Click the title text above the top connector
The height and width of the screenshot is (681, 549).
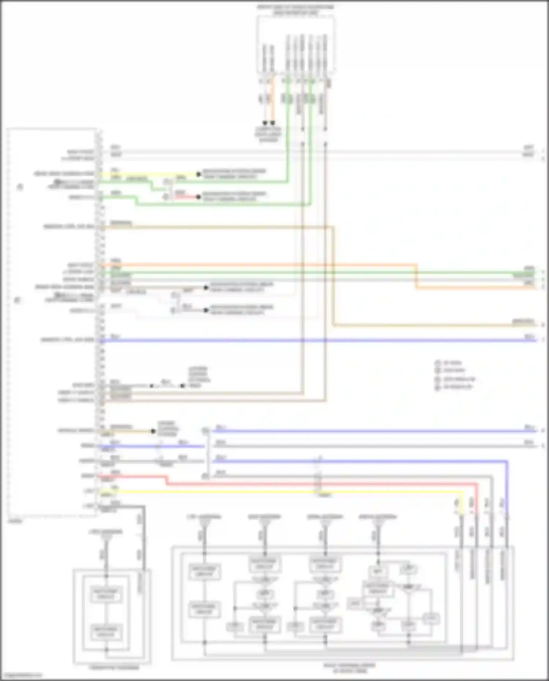pyautogui.click(x=295, y=10)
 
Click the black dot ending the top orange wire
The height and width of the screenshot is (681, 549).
pyautogui.click(x=272, y=123)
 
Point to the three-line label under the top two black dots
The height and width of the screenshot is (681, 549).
pyautogui.click(x=268, y=134)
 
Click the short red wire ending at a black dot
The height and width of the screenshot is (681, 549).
pyautogui.click(x=186, y=197)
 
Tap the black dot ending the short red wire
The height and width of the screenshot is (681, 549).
pyautogui.click(x=198, y=197)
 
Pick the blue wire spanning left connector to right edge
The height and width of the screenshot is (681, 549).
pyautogui.click(x=318, y=341)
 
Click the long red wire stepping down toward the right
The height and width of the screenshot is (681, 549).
pyautogui.click(x=322, y=484)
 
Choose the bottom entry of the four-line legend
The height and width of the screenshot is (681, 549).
pyautogui.click(x=454, y=387)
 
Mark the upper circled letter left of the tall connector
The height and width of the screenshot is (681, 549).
pyautogui.click(x=20, y=187)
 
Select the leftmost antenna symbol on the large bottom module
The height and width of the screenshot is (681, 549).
pyautogui.click(x=204, y=524)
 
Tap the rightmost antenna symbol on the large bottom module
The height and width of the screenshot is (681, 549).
pyautogui.click(x=378, y=524)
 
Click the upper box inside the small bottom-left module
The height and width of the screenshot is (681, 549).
pyautogui.click(x=105, y=594)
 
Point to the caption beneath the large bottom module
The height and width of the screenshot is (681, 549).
pyautogui.click(x=350, y=668)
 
